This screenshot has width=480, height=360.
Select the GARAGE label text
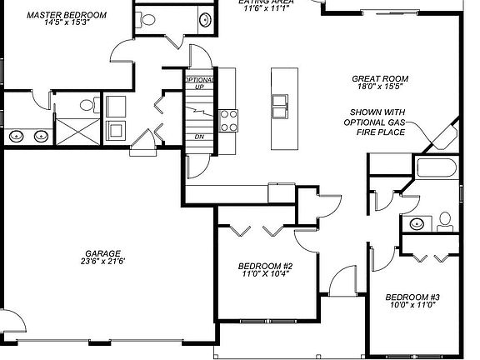coord(102,253)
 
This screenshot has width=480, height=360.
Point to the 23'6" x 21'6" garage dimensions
coord(102,262)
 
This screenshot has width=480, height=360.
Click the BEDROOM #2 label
coord(264,267)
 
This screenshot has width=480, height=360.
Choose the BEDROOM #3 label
coord(412,297)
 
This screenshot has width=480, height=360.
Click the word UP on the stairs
coord(199,87)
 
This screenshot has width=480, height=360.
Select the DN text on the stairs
coord(199,137)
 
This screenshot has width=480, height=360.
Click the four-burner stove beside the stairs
coord(228,119)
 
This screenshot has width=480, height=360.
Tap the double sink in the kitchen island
coord(279,105)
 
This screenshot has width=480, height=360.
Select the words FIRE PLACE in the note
coord(377,132)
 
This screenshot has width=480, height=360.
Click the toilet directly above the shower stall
coord(87,105)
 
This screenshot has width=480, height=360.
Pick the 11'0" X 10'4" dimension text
coord(264,275)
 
